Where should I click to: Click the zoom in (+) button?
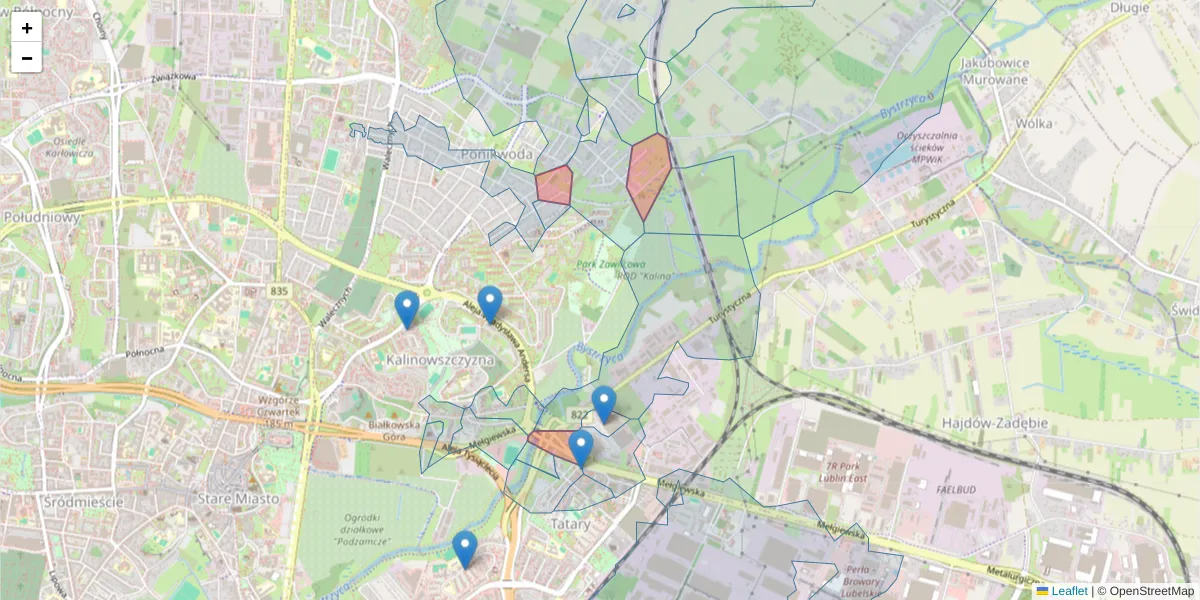pyautogui.click(x=27, y=28)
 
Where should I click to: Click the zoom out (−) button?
pyautogui.click(x=27, y=58)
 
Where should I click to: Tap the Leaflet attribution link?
pyautogui.click(x=1069, y=591)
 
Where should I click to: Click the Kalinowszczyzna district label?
pyautogui.click(x=440, y=358)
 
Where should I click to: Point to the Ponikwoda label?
pyautogui.click(x=497, y=155)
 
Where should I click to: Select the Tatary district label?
pyautogui.click(x=570, y=523)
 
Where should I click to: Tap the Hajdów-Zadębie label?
pyautogui.click(x=994, y=423)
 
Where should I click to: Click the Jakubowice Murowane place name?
pyautogui.click(x=994, y=71)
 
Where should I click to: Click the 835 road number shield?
pyautogui.click(x=278, y=291)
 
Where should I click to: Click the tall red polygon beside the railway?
pyautogui.click(x=648, y=175)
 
